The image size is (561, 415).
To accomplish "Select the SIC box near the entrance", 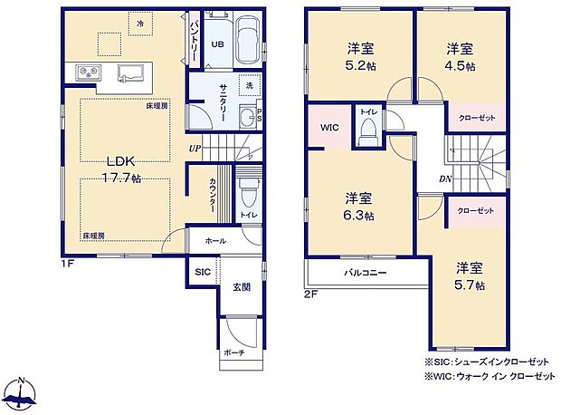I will click(203, 272).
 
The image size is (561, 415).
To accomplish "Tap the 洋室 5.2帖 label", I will click(359, 57).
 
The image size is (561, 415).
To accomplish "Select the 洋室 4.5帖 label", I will click(461, 57).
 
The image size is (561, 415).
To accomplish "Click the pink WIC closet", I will click(328, 128).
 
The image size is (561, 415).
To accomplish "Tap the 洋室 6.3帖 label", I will click(359, 207).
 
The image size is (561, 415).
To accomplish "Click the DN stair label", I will click(445, 179).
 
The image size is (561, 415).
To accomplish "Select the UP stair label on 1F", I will click(195, 148).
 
